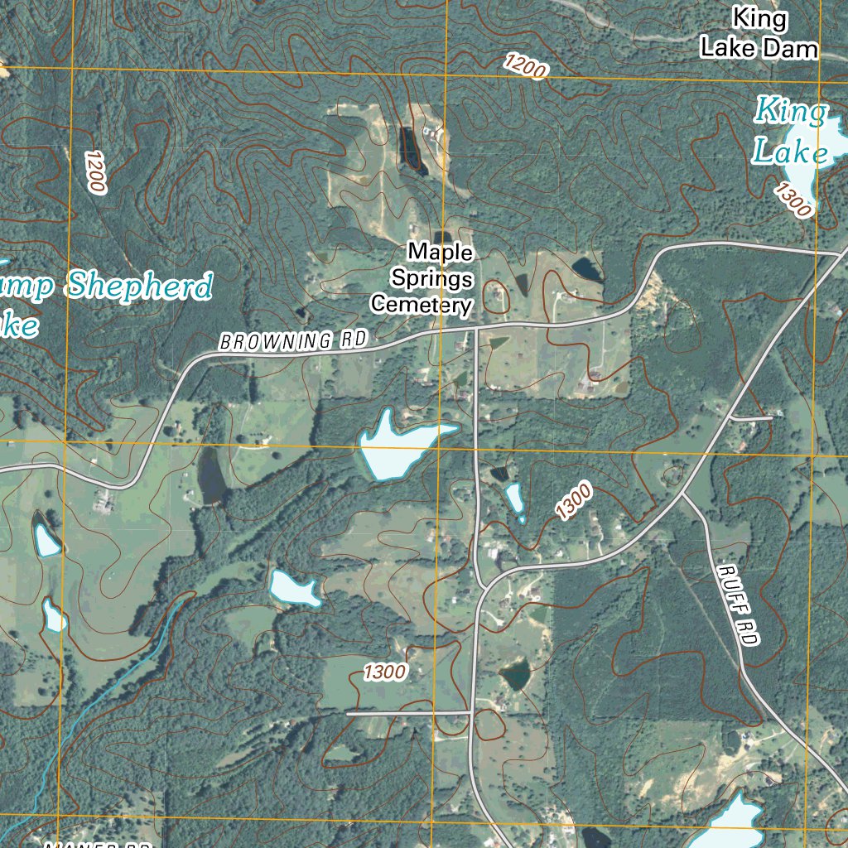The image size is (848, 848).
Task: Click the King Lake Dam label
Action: tap(759, 33)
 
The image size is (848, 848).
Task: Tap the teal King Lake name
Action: tap(790, 131)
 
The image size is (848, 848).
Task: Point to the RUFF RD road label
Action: tap(739, 605)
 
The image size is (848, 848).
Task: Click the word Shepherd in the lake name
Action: tap(139, 287)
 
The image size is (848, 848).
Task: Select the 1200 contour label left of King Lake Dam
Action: tap(525, 66)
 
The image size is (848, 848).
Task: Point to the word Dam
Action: tap(790, 48)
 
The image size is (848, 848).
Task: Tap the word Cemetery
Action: tap(422, 305)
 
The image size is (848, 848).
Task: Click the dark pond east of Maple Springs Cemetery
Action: tap(586, 268)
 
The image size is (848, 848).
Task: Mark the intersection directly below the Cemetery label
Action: tap(476, 326)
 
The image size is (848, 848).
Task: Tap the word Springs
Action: tap(432, 278)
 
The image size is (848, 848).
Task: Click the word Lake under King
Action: tap(790, 152)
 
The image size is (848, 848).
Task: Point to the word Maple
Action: tap(441, 251)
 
